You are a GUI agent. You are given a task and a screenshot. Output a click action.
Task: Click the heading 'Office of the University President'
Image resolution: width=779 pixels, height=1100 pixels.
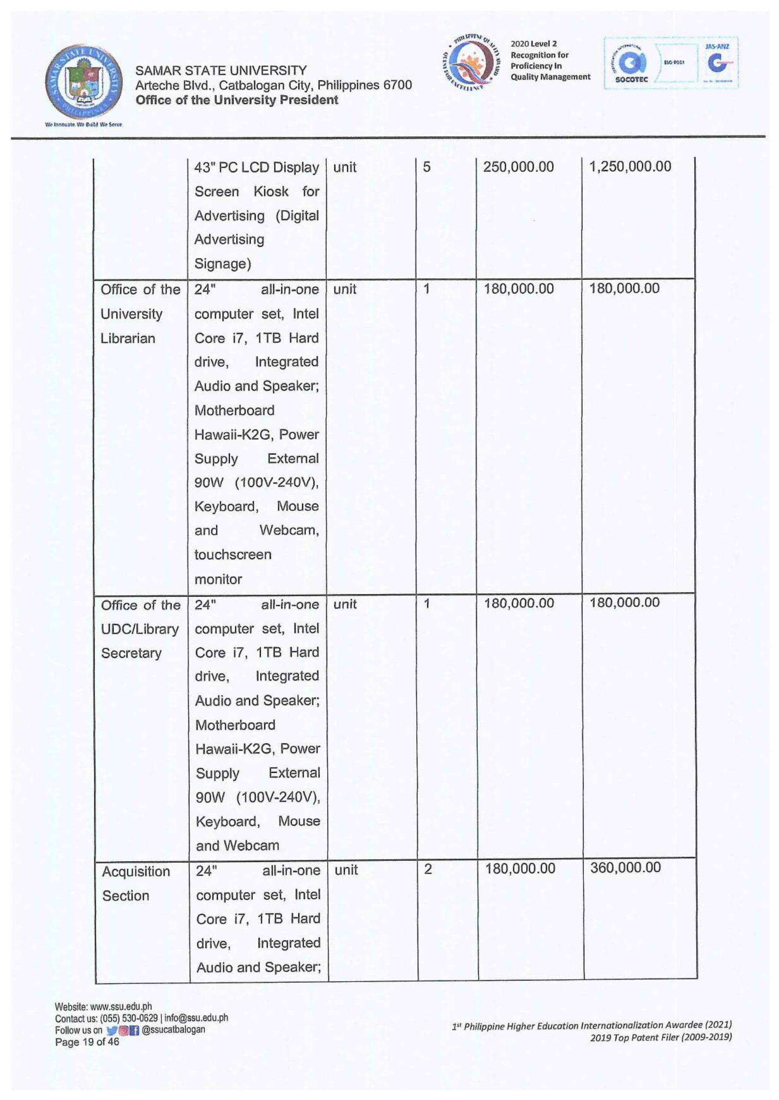point(236,100)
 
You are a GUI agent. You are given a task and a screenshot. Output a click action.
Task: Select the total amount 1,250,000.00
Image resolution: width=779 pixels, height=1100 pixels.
point(630,167)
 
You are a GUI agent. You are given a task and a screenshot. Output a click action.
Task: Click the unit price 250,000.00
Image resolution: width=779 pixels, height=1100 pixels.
point(518,167)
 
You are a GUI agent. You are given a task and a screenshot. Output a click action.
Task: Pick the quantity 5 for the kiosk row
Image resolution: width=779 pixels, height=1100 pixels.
point(426,167)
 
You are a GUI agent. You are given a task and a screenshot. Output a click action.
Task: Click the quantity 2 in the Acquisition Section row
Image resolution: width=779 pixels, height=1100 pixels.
point(428,869)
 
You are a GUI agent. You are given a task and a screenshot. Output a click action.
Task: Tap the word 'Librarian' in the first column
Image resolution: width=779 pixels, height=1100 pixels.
point(127,339)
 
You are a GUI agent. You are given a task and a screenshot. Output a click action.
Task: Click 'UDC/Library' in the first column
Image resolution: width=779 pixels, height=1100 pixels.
point(140,629)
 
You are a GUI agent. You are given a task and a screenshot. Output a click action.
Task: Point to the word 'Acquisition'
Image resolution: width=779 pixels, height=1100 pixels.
point(136,871)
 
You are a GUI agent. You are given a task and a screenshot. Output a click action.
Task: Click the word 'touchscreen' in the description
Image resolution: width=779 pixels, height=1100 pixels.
point(233,555)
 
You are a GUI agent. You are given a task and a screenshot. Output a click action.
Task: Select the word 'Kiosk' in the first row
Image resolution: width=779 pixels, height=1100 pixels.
point(270,191)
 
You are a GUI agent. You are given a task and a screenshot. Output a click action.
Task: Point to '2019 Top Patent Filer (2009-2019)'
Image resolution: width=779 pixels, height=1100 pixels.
point(661,1037)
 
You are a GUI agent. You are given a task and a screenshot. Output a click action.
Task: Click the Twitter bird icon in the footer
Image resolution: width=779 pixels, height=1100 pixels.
point(111,1030)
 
